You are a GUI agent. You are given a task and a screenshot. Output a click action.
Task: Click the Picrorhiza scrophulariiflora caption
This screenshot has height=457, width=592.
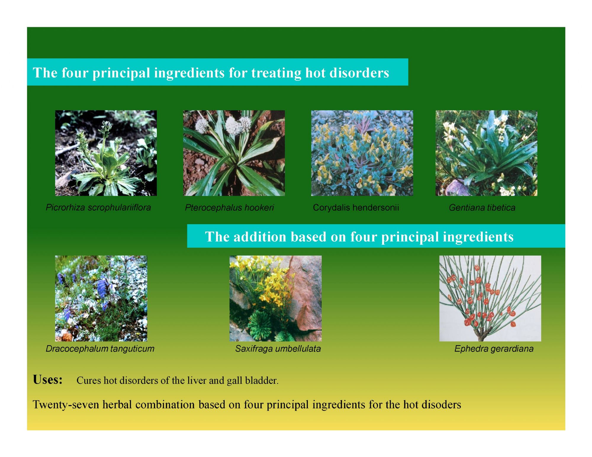[x=98, y=208]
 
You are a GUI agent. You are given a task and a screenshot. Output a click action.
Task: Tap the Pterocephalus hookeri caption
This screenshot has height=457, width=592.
[x=229, y=208]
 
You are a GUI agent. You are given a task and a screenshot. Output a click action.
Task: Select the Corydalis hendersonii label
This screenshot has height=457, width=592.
[x=356, y=208]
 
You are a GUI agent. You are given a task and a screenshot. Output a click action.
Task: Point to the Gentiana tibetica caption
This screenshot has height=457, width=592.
[x=482, y=208]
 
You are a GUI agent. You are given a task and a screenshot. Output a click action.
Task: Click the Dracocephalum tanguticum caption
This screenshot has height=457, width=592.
[x=100, y=349]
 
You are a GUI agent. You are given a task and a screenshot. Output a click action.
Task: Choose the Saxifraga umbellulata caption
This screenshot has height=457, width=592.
[x=278, y=349]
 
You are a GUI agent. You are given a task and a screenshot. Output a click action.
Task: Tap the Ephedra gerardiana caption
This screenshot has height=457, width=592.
[x=494, y=349]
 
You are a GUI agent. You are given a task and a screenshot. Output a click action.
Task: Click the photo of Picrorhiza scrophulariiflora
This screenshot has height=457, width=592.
[x=106, y=153]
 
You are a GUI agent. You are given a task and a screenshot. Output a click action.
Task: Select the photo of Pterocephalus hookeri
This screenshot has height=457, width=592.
[x=234, y=153]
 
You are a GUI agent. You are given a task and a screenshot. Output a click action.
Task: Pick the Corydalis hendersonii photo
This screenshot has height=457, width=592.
[x=362, y=153]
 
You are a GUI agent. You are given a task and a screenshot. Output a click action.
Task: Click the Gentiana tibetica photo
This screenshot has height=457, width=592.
[x=486, y=153]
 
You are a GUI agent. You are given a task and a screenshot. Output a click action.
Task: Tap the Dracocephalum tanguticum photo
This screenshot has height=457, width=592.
[x=101, y=298]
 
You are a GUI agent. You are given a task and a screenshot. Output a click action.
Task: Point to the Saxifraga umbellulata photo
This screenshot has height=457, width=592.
[x=275, y=298]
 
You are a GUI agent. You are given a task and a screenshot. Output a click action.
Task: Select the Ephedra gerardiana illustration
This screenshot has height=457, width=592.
[x=490, y=298]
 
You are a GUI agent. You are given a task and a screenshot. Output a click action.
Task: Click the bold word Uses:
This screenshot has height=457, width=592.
[x=48, y=380]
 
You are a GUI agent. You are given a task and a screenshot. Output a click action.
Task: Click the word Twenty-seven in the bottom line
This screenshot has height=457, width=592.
[x=66, y=405]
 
